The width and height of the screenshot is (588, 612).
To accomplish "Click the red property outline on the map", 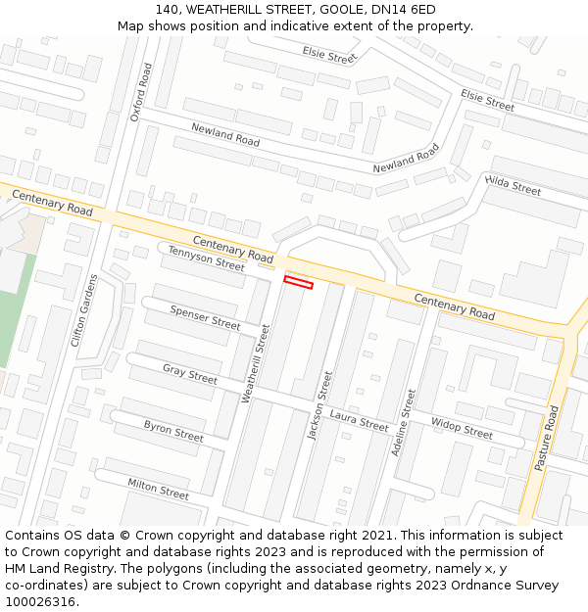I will [x=298, y=283].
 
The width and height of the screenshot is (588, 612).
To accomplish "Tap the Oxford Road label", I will [x=141, y=92].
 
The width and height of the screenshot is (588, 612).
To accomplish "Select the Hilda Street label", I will [x=513, y=185].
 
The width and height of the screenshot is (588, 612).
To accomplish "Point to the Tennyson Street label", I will [x=206, y=259].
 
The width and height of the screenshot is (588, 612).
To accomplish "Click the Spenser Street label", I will [x=205, y=317].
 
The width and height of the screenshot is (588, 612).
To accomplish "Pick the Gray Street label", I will [x=190, y=374].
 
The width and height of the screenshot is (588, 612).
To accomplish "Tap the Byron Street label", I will [x=173, y=430].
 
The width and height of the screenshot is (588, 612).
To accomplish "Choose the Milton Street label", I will [x=158, y=488].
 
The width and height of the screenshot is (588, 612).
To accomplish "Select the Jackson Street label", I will [x=319, y=405].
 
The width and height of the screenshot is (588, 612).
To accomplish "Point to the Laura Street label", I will [x=359, y=421].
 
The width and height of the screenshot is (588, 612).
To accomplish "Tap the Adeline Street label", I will [x=403, y=422].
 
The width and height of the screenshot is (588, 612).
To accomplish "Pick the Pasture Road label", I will [x=546, y=439].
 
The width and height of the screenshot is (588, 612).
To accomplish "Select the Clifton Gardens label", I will [x=85, y=310].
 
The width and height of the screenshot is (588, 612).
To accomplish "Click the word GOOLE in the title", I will [x=337, y=9].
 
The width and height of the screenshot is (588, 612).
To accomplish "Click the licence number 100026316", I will [x=41, y=601].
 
